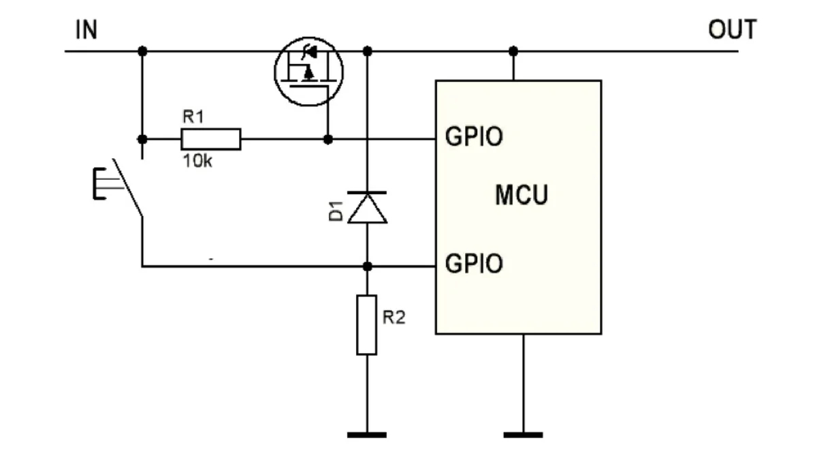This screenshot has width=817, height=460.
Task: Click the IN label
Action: [86, 29]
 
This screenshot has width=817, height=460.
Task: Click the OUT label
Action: [733, 29]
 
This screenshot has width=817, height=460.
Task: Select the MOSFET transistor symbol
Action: [308, 72]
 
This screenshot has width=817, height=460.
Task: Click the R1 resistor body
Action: [211, 139]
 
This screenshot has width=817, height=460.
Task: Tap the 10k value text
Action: [197, 161]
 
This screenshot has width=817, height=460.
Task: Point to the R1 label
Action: [193, 117]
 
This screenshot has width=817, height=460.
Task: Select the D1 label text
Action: [336, 211]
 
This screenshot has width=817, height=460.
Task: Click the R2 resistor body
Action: [367, 325]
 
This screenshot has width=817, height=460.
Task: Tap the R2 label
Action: [394, 318]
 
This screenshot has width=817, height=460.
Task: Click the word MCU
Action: [522, 195]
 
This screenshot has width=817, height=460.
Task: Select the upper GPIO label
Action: [474, 137]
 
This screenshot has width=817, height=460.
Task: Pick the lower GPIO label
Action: [474, 264]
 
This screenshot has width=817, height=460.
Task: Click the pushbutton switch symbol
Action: [118, 187]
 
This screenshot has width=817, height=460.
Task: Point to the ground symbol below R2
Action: [367, 435]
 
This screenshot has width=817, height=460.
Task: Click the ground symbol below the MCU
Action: [524, 435]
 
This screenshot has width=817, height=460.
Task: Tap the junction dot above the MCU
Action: [513, 51]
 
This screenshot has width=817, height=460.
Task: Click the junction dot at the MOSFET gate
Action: [328, 139]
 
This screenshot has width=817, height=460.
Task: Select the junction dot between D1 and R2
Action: [367, 266]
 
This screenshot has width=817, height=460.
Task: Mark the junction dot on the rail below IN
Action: [142, 51]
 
